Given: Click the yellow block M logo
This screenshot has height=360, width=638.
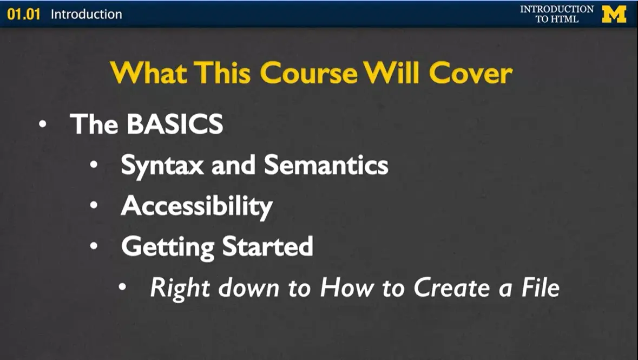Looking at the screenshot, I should click(x=614, y=14).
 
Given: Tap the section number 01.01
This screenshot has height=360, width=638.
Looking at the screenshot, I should click(x=24, y=14).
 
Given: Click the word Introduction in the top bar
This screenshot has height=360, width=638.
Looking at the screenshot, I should click(x=86, y=14).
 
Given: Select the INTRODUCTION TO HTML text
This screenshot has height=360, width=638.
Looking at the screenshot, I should click(x=557, y=14).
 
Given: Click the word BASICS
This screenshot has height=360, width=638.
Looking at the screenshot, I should click(x=174, y=124).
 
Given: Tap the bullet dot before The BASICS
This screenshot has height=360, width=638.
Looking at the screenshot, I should click(x=43, y=124).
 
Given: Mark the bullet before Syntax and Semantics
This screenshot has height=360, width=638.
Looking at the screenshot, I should click(x=95, y=165).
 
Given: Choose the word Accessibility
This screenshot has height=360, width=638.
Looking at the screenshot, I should click(x=196, y=206).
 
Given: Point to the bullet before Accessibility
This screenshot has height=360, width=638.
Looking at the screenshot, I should click(x=95, y=205).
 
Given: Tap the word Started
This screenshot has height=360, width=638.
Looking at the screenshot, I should click(x=268, y=246).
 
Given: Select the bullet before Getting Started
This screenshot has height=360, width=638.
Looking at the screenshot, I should click(x=95, y=246).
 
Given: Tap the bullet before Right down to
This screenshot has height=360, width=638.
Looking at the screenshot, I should click(x=124, y=287).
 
